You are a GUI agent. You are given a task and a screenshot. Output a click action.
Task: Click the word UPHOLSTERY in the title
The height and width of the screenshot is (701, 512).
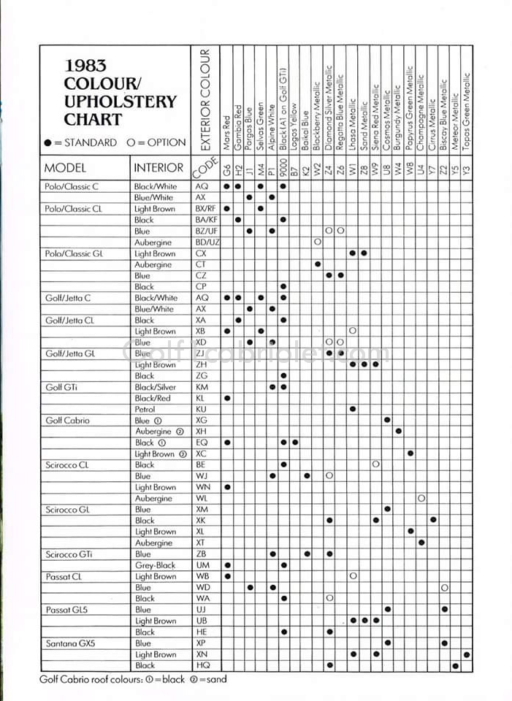pos(121,101)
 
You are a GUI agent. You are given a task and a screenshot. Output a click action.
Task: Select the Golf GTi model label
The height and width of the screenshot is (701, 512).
pos(62,387)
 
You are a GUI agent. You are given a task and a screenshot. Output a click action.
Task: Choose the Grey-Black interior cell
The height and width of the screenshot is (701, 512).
pos(155,565)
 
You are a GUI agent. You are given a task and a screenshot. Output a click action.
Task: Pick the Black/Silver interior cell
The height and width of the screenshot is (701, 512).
pos(156,387)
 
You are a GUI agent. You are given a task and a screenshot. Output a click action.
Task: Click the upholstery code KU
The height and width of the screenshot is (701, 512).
pos(202,410)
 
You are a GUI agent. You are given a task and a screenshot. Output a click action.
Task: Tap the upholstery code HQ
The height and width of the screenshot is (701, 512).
pos(202,665)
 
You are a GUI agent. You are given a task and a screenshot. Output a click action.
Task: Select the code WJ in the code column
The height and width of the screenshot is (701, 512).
pos(202,476)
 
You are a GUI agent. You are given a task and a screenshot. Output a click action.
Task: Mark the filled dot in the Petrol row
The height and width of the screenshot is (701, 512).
pos(353,410)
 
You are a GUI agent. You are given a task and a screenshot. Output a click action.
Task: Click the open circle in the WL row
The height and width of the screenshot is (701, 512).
pos(421,498)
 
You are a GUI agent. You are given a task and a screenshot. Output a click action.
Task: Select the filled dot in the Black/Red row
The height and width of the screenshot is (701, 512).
pos(227,398)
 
